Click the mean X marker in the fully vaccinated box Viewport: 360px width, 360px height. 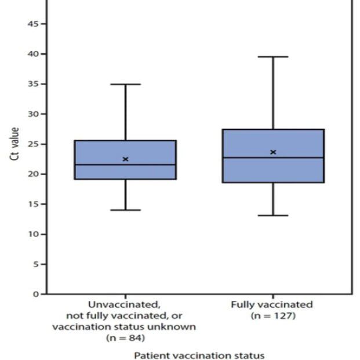(273, 152)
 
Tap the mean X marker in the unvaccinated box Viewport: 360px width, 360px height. (125, 159)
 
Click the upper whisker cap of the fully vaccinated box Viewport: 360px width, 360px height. (273, 57)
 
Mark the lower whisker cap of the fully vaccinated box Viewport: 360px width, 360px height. (273, 215)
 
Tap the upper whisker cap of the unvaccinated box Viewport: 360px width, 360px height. (125, 84)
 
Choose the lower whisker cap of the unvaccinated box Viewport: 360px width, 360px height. (125, 210)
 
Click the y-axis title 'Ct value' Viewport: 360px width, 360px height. (16, 144)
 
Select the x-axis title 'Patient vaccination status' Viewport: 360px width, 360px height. (199, 355)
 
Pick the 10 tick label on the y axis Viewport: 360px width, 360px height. (35, 234)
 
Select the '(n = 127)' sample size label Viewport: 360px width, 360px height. (273, 315)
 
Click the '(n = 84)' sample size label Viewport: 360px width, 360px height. (124, 337)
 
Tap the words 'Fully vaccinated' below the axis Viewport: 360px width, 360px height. (272, 304)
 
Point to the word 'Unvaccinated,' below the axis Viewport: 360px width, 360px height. (124, 304)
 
